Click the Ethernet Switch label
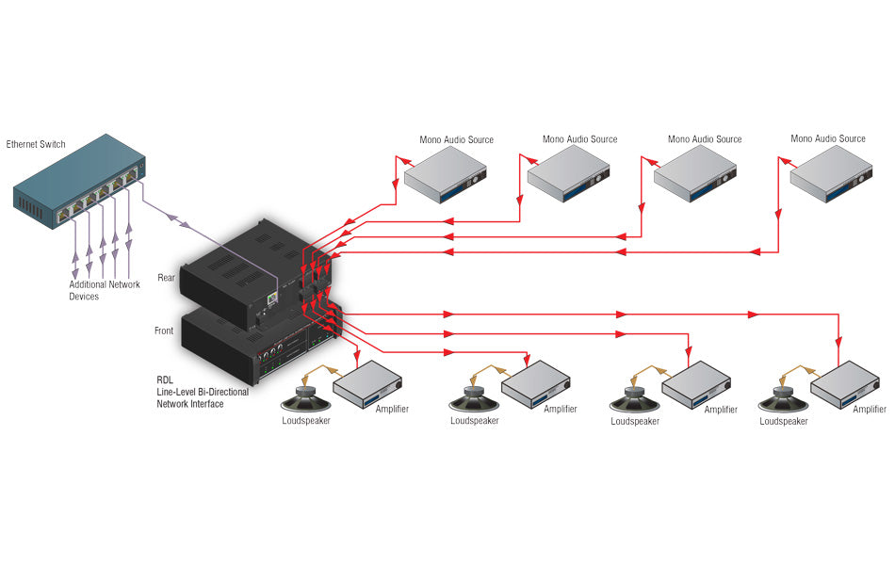(36, 144)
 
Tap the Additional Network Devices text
(104, 290)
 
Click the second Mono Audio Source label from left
(579, 139)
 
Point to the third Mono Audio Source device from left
(694, 175)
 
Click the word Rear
(167, 279)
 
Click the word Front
(164, 331)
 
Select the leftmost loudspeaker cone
(306, 399)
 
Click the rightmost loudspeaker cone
(784, 399)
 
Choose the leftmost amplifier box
(368, 384)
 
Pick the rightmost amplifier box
(848, 384)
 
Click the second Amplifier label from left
(560, 409)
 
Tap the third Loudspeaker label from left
(635, 422)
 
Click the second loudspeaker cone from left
(474, 399)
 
